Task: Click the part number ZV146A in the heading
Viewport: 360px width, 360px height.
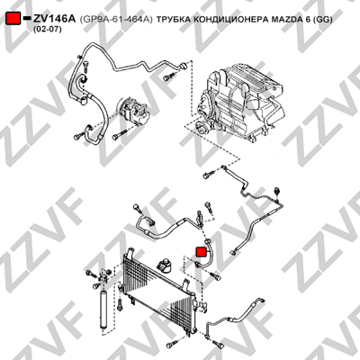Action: (x=54, y=19)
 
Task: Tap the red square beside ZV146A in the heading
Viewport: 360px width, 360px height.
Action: (x=13, y=19)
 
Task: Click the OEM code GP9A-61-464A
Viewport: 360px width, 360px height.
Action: (x=116, y=20)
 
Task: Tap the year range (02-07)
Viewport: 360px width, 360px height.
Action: (x=46, y=30)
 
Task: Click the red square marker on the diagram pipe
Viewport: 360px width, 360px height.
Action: (x=201, y=252)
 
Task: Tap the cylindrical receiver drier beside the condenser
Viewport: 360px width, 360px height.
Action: (x=103, y=309)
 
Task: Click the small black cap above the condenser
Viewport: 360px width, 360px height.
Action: (x=165, y=265)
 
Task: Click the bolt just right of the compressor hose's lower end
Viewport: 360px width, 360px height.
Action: (x=119, y=135)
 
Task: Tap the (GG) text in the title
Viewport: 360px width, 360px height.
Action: (x=323, y=20)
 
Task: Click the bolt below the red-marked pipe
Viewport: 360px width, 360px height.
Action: (x=214, y=275)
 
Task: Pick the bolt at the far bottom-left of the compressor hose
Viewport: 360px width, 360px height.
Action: (x=78, y=137)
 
